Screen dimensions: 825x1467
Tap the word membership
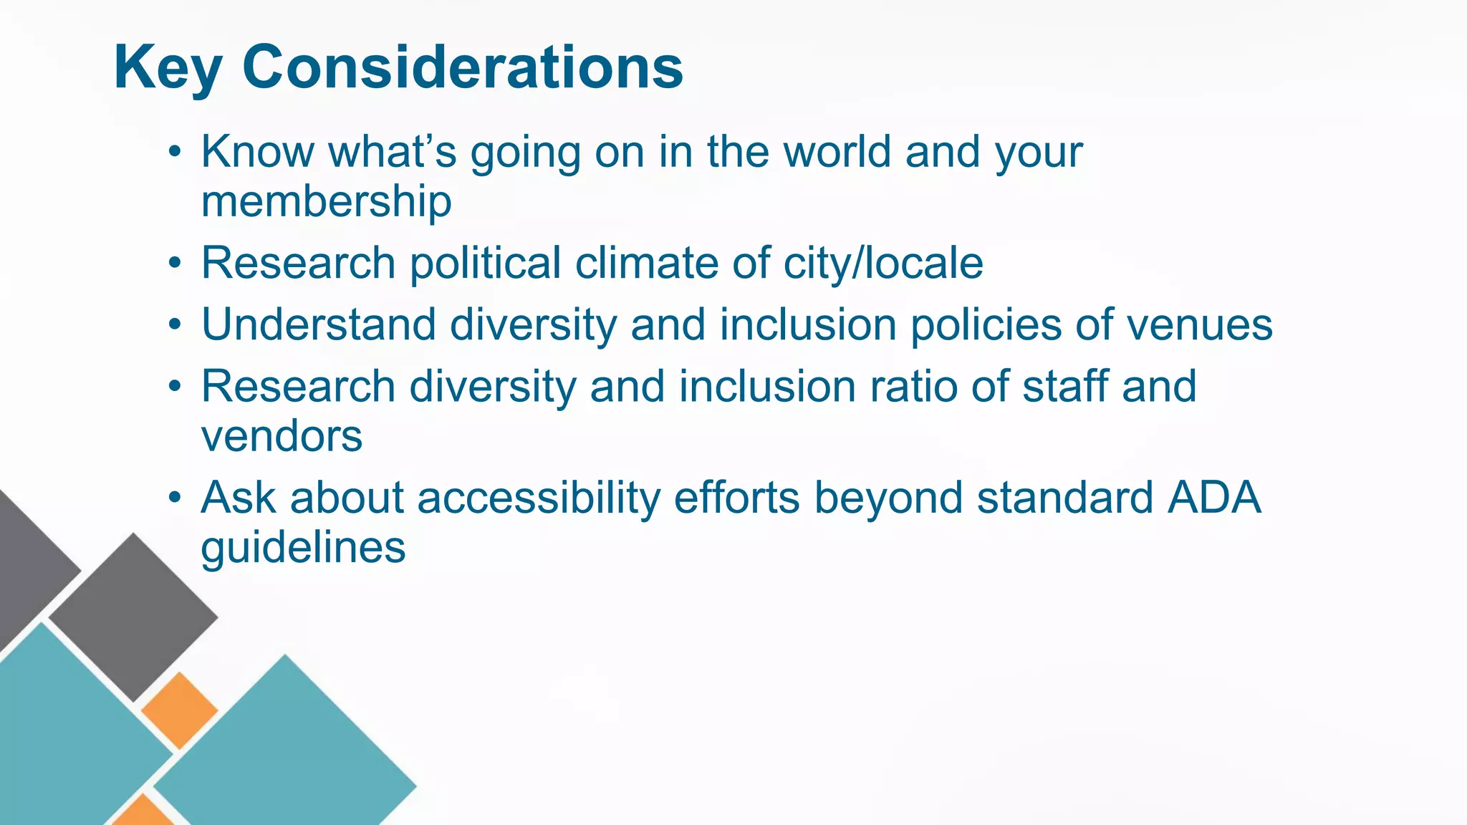(x=326, y=201)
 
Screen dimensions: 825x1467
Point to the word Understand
(x=318, y=324)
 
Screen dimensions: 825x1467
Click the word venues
(x=1200, y=324)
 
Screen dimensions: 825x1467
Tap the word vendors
(x=282, y=436)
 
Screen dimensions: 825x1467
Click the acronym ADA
(x=1213, y=498)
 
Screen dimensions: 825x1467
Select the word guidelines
(x=303, y=548)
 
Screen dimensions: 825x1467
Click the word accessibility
(x=538, y=498)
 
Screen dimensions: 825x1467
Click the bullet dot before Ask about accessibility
(x=175, y=498)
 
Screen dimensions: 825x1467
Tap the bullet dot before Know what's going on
(x=175, y=152)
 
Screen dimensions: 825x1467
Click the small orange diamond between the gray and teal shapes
(x=179, y=710)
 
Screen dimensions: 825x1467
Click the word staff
(x=1065, y=387)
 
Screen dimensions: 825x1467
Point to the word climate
(x=646, y=263)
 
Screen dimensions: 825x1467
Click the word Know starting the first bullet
(x=257, y=152)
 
